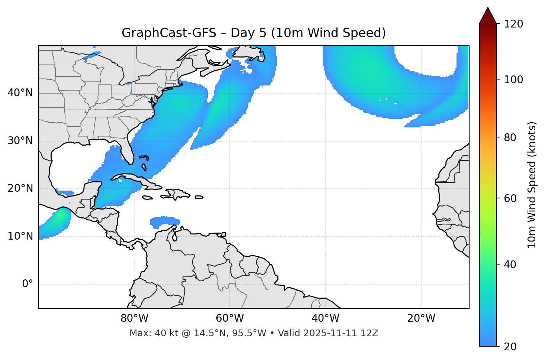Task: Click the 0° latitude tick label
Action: pos(28,284)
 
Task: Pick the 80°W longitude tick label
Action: pos(134,318)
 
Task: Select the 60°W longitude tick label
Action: pos(230,318)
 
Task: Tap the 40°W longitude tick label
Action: pos(325,318)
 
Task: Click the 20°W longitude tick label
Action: pos(421,318)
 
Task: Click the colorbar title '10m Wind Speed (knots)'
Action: pos(532,185)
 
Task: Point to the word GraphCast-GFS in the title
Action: pos(169,33)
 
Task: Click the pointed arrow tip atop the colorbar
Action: pos(488,9)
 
